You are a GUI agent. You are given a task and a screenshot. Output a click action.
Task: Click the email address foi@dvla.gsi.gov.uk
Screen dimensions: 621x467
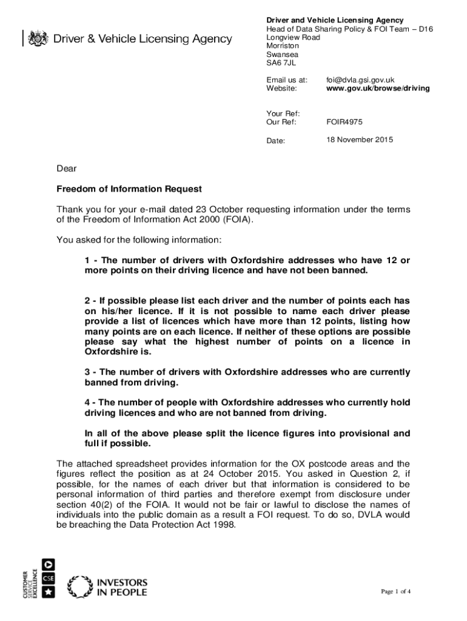click(x=360, y=80)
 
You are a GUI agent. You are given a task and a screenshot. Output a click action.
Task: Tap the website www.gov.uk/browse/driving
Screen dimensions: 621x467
click(x=378, y=89)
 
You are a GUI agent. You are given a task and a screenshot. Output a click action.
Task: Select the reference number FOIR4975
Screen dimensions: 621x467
click(x=344, y=122)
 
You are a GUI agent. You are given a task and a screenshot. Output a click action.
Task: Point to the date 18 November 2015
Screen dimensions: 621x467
click(x=359, y=140)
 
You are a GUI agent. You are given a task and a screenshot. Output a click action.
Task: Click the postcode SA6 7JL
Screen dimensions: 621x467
click(x=282, y=62)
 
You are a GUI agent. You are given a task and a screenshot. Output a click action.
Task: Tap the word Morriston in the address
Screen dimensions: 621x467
click(x=283, y=46)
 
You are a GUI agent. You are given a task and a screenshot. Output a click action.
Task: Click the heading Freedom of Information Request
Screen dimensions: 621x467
click(x=129, y=189)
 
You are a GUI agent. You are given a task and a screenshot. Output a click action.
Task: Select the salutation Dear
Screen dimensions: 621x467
click(x=67, y=169)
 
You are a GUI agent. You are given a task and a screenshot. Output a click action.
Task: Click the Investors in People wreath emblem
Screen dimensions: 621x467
click(x=79, y=586)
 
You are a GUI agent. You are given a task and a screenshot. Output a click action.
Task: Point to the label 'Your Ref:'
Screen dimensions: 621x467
click(x=283, y=113)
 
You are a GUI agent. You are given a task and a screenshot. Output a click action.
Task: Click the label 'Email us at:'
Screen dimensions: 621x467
click(x=287, y=80)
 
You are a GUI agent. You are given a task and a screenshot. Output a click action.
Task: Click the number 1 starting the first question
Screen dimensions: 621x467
click(x=87, y=260)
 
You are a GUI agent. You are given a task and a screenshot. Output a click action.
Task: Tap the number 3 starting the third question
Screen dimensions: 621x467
click(x=87, y=372)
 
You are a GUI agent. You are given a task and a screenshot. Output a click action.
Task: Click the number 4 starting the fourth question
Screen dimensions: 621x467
click(x=87, y=403)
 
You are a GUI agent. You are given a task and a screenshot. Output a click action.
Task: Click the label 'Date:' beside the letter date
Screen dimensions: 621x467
click(x=276, y=141)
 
